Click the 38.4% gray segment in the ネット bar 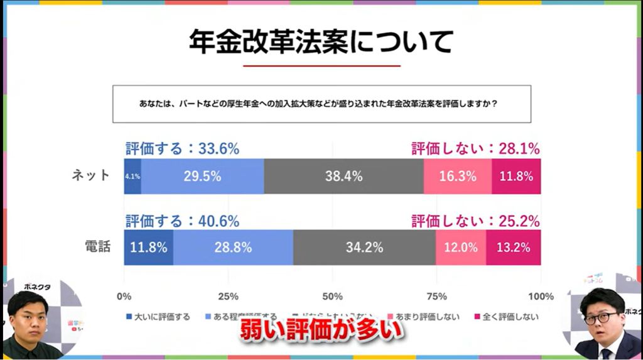pos(343,177)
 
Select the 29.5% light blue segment pos(202,177)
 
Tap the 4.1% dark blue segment pos(132,177)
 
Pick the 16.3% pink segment pos(457,177)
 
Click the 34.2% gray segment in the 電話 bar pos(364,248)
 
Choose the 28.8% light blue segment pos(233,248)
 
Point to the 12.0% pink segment pos(461,248)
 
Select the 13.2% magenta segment pos(514,248)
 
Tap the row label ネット pos(90,176)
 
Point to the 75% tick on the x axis pos(436,297)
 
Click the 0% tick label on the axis pos(124,297)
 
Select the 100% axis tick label pos(541,297)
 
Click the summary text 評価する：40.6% pos(182,221)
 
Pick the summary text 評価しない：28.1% pos(475,149)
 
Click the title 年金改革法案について pos(321,42)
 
